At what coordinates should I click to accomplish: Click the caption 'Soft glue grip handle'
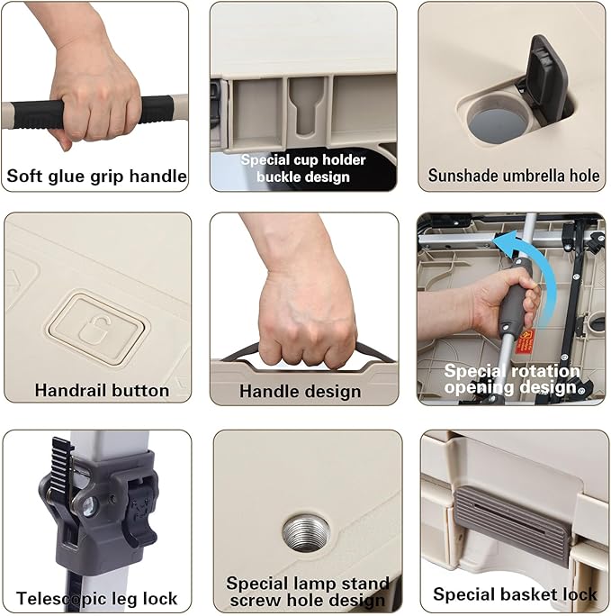[96, 176]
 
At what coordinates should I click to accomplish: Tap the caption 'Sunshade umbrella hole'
[514, 176]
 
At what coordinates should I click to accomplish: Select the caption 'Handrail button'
[102, 391]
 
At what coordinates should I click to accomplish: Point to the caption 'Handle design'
[301, 392]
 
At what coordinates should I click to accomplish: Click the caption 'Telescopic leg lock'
[97, 599]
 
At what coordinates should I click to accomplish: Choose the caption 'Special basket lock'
[515, 594]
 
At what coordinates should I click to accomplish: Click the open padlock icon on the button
[95, 330]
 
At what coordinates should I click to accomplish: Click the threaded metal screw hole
[306, 533]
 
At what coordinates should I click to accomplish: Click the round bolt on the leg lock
[89, 505]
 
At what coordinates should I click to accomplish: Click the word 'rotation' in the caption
[545, 371]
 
